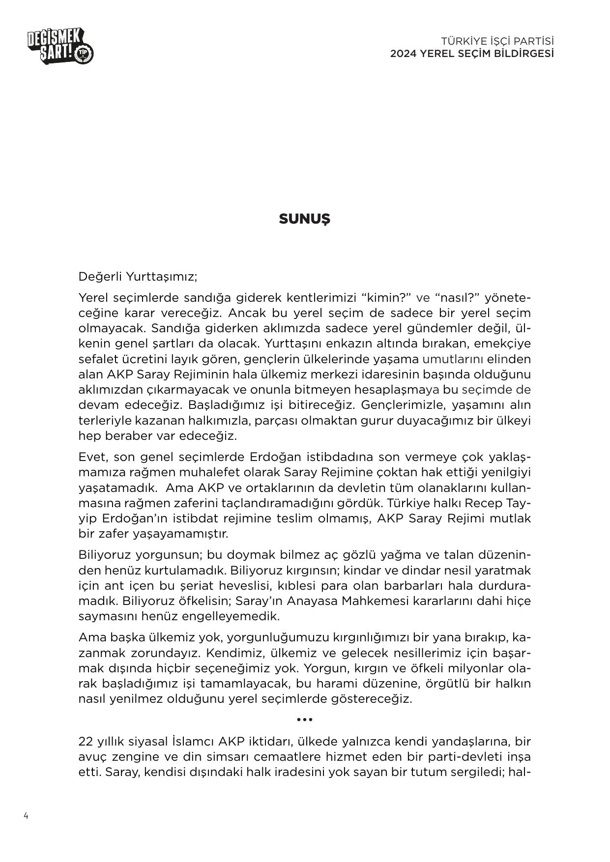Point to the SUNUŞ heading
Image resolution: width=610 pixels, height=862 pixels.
coord(304,219)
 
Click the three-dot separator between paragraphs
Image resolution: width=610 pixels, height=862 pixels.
coord(305,719)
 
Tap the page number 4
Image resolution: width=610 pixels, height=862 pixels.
coord(26,816)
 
